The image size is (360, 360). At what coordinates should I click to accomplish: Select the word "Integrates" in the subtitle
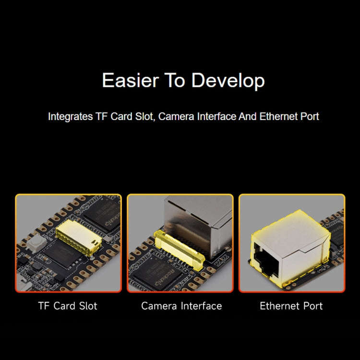coord(67,117)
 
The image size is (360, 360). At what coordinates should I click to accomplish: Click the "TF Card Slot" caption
coord(68,306)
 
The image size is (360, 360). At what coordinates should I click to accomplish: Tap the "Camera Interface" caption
coord(181,306)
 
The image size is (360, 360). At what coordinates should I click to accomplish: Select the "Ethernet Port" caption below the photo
coord(291,306)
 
